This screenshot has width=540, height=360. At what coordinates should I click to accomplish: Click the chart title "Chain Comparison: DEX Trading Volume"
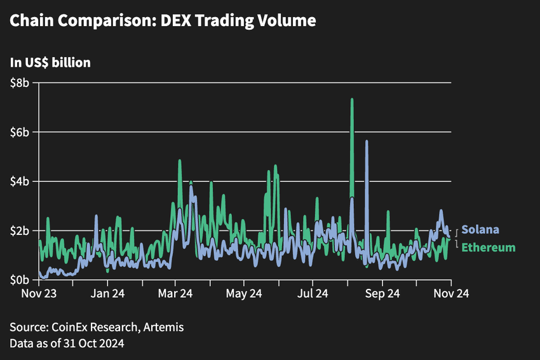tap(162, 21)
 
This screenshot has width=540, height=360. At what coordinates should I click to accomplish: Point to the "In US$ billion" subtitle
tap(50, 63)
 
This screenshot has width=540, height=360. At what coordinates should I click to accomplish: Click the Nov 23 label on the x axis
tap(39, 294)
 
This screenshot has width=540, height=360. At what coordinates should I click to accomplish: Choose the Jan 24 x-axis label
tap(107, 294)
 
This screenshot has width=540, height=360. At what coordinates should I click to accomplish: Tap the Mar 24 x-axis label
tap(175, 294)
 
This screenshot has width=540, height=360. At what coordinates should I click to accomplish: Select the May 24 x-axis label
tap(244, 294)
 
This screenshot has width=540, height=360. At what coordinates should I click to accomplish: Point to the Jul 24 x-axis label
tap(313, 294)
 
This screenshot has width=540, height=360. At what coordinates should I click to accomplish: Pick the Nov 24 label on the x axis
tap(451, 294)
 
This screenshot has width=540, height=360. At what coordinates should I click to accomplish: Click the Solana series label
tap(480, 230)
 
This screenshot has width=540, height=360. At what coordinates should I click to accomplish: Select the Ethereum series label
tap(488, 247)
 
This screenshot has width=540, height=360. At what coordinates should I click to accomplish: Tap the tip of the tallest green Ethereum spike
tap(351, 99)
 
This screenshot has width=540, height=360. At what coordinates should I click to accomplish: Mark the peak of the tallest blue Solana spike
tap(367, 142)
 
